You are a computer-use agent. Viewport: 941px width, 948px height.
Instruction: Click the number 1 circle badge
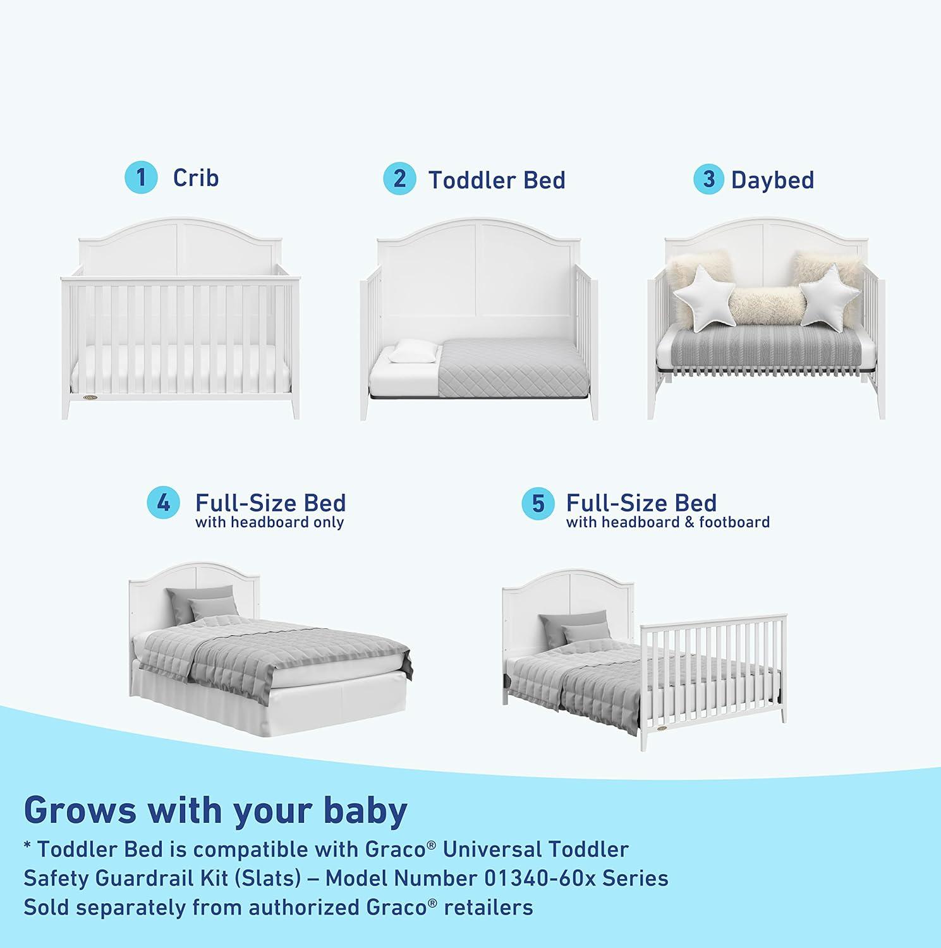[140, 178]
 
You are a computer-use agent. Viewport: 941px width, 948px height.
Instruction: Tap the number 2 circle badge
[399, 179]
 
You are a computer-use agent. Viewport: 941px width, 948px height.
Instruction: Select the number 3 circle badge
[708, 179]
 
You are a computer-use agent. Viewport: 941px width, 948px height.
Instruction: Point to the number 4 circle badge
[163, 503]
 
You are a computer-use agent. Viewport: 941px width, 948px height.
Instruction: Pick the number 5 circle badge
[537, 504]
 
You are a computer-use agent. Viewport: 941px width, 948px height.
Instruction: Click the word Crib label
[196, 178]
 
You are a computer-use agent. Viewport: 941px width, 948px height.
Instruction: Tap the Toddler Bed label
[497, 180]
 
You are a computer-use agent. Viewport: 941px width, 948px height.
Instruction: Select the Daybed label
[772, 180]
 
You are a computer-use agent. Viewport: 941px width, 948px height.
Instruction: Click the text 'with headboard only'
[269, 523]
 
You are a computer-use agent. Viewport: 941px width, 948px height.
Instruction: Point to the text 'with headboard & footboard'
[667, 523]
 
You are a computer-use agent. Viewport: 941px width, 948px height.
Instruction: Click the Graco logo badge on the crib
[90, 398]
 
